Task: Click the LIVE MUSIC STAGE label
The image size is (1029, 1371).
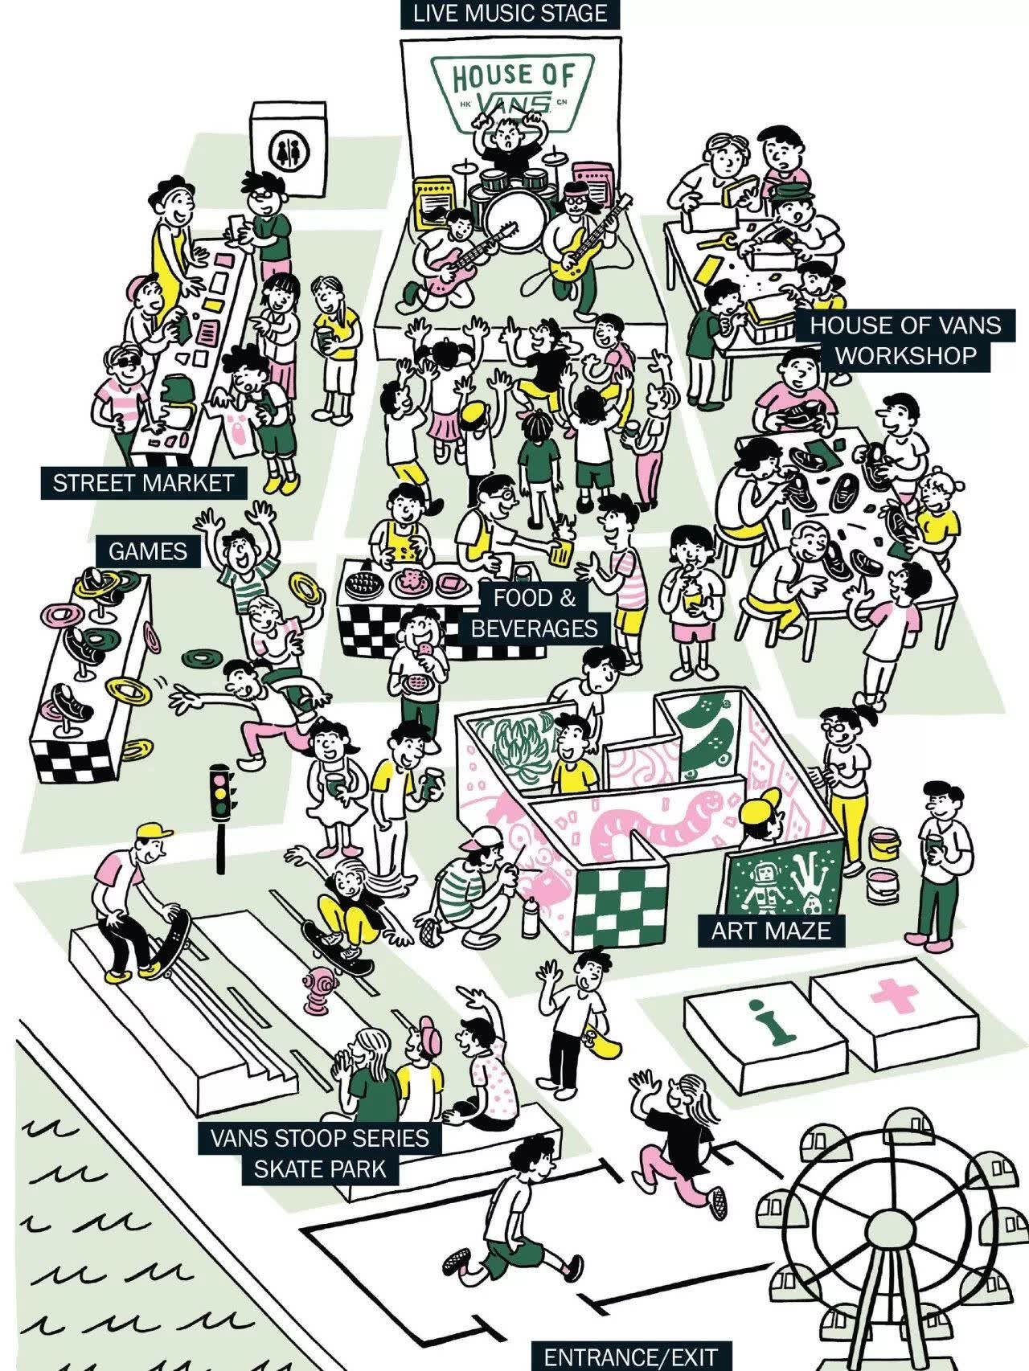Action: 510,14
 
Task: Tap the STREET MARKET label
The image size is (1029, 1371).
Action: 143,483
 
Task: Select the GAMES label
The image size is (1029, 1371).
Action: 148,551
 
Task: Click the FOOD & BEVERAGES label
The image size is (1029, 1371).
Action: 535,612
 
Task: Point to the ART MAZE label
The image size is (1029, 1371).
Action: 770,930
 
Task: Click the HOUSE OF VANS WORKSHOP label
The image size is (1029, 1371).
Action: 905,340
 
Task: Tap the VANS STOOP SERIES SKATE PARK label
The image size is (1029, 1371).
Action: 320,1153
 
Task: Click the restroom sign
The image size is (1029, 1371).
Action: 287,149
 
